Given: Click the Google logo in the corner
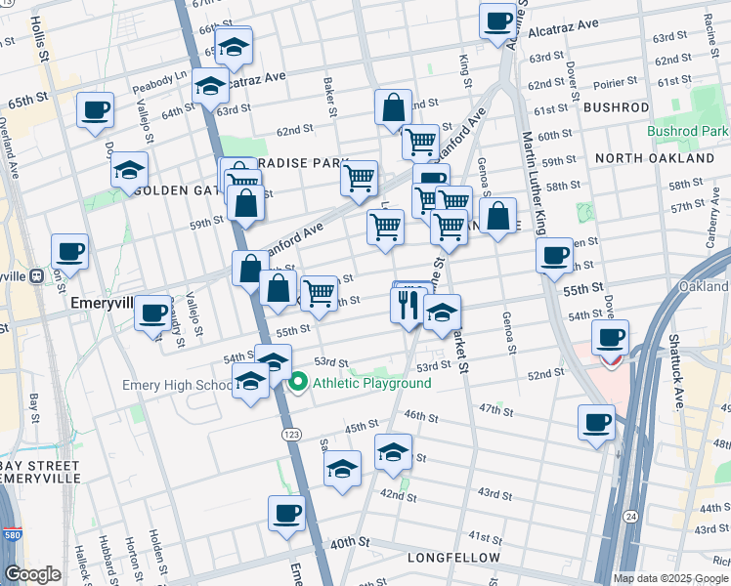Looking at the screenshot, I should pyautogui.click(x=32, y=574).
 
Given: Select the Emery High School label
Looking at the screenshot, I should pyautogui.click(x=177, y=385).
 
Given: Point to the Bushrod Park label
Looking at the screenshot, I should pyautogui.click(x=687, y=131).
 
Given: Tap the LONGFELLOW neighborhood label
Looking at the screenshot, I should pyautogui.click(x=454, y=558).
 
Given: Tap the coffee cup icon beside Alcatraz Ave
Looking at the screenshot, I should pyautogui.click(x=497, y=20).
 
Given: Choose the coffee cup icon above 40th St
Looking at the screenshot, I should pyautogui.click(x=286, y=513).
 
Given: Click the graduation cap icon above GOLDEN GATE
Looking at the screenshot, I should pyautogui.click(x=130, y=170).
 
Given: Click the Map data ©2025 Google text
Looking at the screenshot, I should pyautogui.click(x=671, y=578).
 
